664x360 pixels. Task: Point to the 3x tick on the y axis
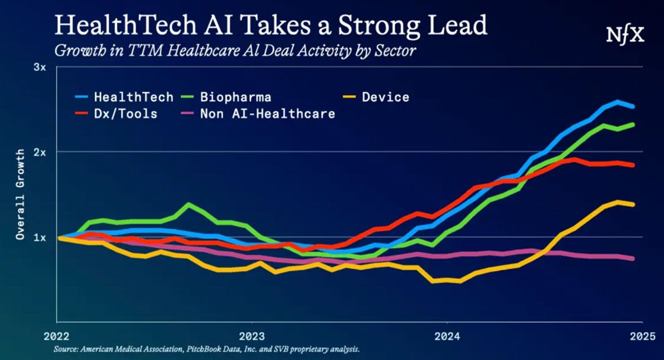(x=39, y=67)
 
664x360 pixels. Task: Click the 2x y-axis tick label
(x=39, y=152)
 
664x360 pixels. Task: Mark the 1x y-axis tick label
(x=39, y=237)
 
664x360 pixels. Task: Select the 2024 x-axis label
(x=447, y=334)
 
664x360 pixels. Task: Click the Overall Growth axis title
(x=21, y=194)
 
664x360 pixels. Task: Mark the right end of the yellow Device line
(x=633, y=204)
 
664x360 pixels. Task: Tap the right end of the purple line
(x=633, y=258)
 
